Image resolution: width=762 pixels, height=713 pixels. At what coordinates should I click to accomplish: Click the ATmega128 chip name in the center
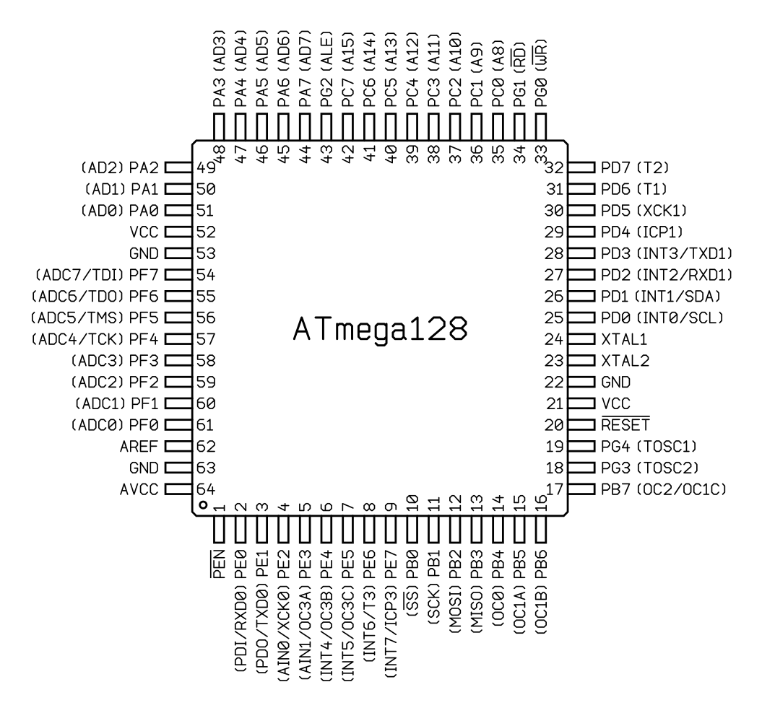(x=380, y=329)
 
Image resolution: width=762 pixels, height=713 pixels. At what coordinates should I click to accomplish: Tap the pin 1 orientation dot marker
(x=204, y=505)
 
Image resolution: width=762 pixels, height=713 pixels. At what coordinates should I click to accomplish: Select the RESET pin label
(x=625, y=424)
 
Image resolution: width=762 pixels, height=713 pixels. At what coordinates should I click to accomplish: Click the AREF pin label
(x=139, y=447)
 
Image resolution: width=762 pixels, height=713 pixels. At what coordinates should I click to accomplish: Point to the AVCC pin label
(x=139, y=489)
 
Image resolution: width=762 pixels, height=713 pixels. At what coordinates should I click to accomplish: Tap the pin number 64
(x=206, y=489)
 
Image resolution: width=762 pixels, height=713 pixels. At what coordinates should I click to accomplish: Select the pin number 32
(x=554, y=167)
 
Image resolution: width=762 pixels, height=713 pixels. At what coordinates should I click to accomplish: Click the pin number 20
(x=554, y=425)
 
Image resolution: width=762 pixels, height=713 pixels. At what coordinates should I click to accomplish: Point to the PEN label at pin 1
(x=219, y=564)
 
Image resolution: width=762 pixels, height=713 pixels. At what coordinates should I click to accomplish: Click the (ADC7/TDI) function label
(x=79, y=275)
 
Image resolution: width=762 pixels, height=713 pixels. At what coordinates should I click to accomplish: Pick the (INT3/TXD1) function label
(x=684, y=253)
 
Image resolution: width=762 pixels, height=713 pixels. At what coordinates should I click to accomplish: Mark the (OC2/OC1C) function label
(x=681, y=489)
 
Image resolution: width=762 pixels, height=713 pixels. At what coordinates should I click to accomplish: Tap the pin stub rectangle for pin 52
(x=178, y=232)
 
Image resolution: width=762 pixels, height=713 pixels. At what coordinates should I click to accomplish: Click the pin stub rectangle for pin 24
(x=581, y=339)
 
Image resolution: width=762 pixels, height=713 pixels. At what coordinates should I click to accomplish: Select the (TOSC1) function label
(x=667, y=447)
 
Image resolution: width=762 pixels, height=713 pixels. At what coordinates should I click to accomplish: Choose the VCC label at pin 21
(x=615, y=403)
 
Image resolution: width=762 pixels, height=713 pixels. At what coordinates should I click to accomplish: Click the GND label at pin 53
(x=144, y=253)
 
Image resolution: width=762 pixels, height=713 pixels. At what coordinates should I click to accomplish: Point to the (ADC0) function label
(x=98, y=425)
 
